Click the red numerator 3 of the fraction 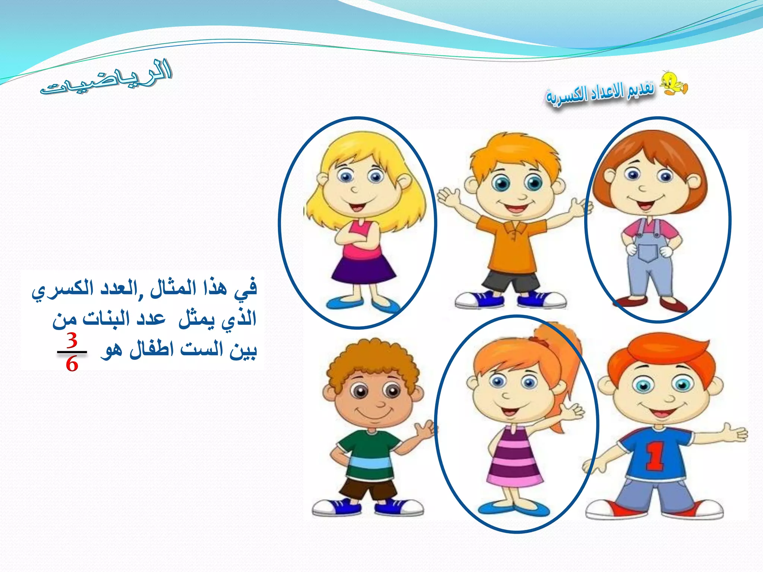[72, 340]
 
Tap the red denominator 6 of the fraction [72, 364]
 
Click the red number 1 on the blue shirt [655, 457]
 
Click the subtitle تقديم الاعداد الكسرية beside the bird [600, 93]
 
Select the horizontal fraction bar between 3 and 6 [72, 352]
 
